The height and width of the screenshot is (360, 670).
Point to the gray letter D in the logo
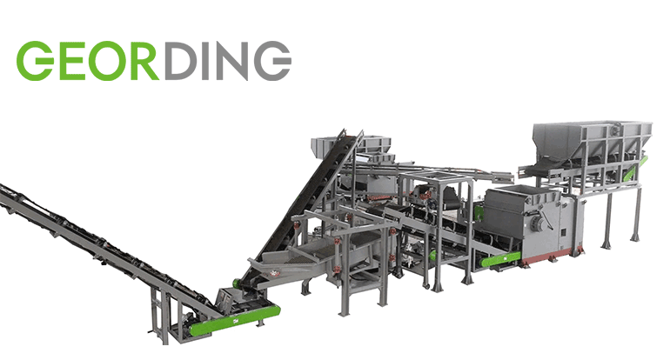[x=181, y=61]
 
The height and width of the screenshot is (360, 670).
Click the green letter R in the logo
[x=142, y=61]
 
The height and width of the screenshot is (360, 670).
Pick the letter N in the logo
[x=232, y=61]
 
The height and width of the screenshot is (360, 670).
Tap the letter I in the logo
[x=207, y=61]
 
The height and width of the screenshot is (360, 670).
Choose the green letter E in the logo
[x=70, y=61]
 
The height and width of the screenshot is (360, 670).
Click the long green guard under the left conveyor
[x=236, y=320]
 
